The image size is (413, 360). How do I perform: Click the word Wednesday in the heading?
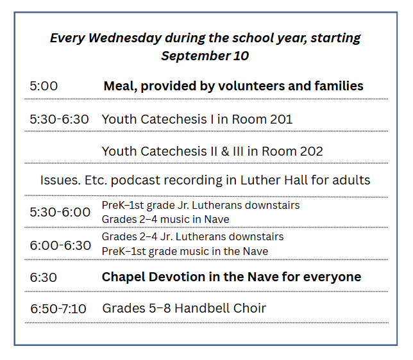coord(125,38)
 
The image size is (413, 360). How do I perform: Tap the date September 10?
coord(205,56)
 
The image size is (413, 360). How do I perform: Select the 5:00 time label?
coord(44,86)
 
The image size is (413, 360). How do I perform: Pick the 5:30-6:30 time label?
coord(59,119)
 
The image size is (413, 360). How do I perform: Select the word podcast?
coord(135,181)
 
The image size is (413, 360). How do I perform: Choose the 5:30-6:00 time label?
coord(60,212)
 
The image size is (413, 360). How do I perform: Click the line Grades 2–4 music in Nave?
coord(165,219)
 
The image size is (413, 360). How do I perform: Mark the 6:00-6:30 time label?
coord(60,245)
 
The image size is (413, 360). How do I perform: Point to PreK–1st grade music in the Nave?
coord(185,251)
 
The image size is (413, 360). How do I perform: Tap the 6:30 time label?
coord(44,277)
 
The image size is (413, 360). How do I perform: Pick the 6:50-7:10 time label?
coord(58,309)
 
